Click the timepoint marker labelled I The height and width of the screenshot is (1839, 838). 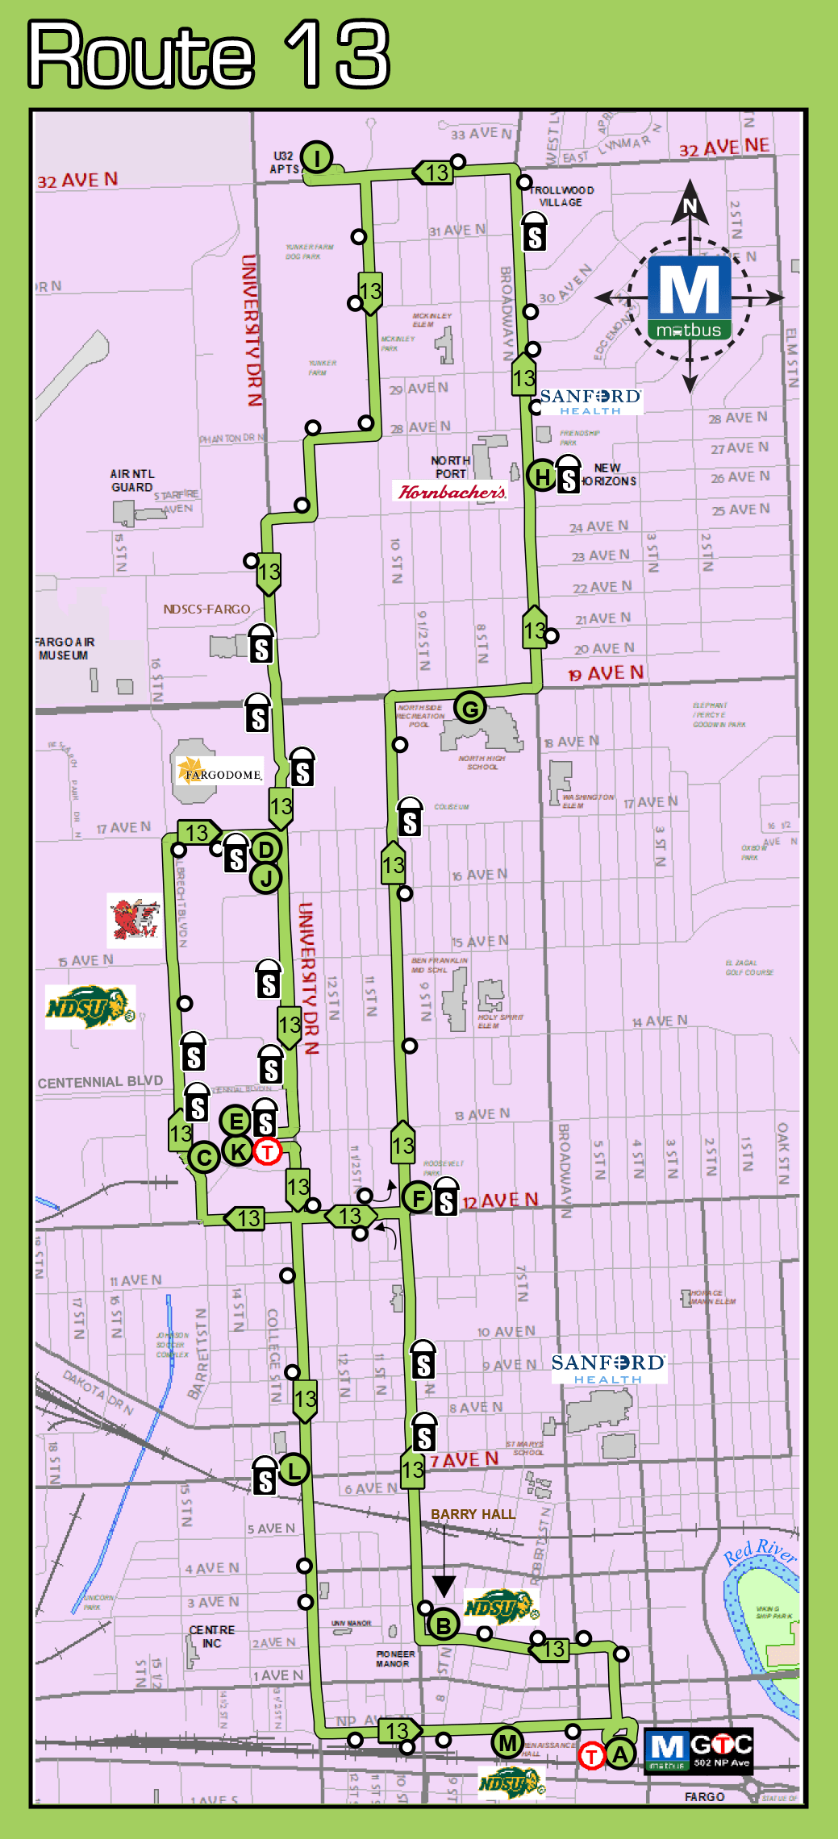317,157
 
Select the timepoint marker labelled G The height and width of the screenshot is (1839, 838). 470,709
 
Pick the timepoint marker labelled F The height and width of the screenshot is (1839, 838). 419,1198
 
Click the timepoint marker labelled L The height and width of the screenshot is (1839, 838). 294,1469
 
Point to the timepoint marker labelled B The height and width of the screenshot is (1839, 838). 443,1625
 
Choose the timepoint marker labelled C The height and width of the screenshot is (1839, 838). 204,1158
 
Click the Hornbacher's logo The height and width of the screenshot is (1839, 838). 452,491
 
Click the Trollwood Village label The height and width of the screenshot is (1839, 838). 561,196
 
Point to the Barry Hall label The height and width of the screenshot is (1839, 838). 473,1514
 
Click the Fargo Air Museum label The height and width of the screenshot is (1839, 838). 65,648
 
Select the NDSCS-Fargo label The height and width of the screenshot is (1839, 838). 206,609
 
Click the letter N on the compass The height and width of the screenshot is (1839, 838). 690,206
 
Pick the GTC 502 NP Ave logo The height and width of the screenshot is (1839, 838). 698,1749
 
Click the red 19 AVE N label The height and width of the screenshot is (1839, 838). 606,673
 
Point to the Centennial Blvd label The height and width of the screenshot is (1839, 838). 100,1081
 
